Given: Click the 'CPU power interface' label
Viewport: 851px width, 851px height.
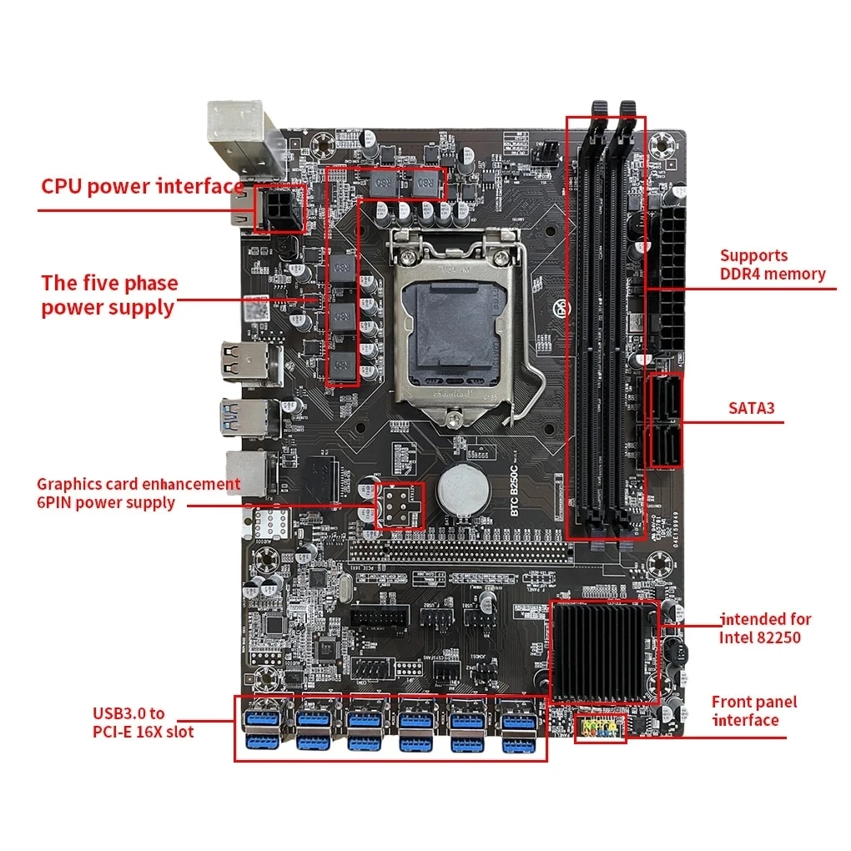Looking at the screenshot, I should [143, 186].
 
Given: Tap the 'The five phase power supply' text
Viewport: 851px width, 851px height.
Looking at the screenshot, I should [109, 295].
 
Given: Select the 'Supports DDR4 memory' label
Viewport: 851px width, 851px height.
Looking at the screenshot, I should [773, 264].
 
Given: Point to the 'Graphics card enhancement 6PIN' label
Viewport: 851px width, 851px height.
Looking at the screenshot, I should [138, 493].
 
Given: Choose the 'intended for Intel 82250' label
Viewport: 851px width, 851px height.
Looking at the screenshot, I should [764, 629].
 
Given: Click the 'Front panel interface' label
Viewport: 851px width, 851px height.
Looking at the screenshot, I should [754, 711].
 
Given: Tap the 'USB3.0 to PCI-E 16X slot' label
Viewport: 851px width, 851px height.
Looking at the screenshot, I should [143, 723].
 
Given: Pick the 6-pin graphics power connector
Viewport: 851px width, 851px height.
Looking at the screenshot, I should [400, 505].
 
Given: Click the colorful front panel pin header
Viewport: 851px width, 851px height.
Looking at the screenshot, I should [601, 728].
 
